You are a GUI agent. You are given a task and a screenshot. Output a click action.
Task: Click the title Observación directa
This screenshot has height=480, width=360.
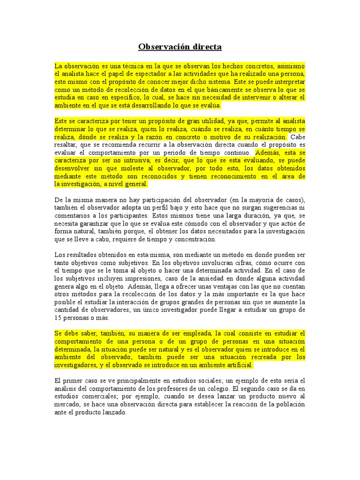pyautogui.click(x=180, y=47)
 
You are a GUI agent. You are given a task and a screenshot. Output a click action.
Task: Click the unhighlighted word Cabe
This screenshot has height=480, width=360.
pyautogui.click(x=298, y=137)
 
